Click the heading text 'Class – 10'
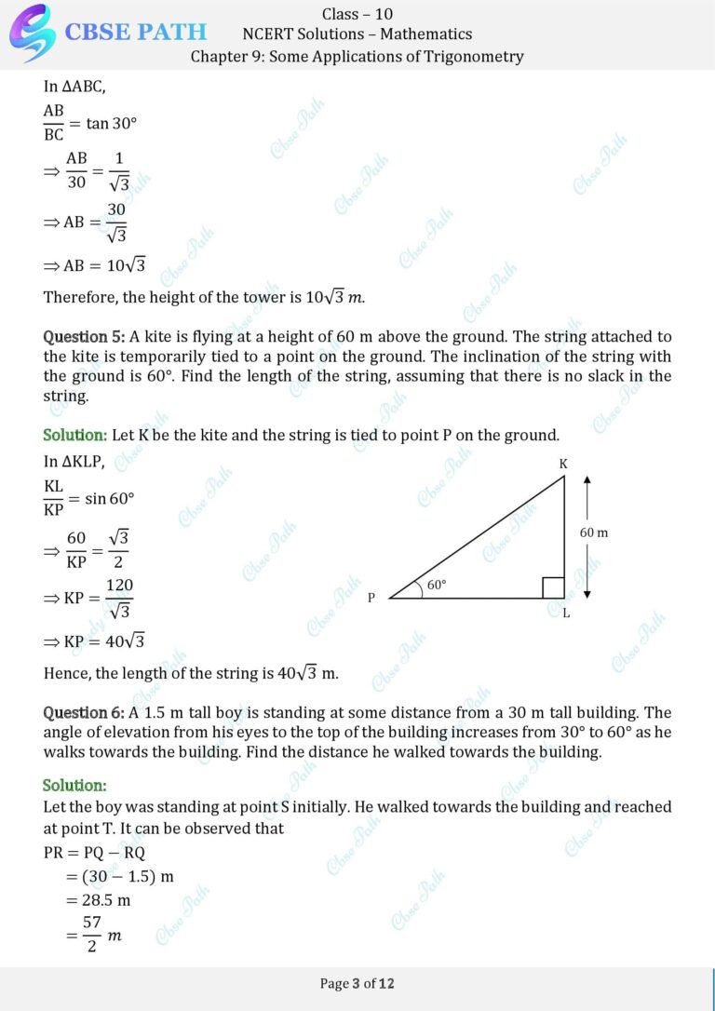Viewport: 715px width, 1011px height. point(357,13)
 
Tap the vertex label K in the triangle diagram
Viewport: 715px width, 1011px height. point(563,464)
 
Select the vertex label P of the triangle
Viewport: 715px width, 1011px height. point(371,598)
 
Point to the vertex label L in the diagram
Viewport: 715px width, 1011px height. point(566,613)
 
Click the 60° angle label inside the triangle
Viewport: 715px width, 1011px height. point(436,586)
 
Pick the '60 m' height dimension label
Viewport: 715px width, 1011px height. point(594,532)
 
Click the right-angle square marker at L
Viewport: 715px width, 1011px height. point(553,587)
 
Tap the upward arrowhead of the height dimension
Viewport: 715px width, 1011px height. point(587,479)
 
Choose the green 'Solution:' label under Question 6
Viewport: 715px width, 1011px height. point(74,786)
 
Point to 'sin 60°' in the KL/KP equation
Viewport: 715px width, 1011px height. point(109,498)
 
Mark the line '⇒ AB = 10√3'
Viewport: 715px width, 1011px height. point(95,265)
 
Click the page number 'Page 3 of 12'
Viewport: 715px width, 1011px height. point(357,983)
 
